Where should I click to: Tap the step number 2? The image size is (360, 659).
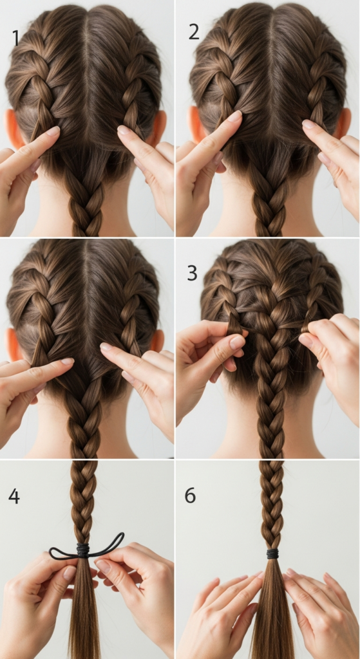(x=194, y=31)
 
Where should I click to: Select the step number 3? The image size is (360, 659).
(x=192, y=273)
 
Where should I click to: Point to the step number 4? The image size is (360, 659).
(x=14, y=496)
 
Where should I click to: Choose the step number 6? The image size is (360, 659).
(x=190, y=496)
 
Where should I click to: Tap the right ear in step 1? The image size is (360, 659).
(x=158, y=126)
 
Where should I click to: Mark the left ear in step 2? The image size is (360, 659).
(x=195, y=122)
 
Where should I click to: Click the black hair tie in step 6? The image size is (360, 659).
(x=272, y=553)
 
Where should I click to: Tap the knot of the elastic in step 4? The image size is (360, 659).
(x=82, y=550)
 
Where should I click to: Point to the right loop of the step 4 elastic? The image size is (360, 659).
(x=109, y=544)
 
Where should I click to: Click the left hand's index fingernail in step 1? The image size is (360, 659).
(x=52, y=131)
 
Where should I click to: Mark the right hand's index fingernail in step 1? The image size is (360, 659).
(x=123, y=130)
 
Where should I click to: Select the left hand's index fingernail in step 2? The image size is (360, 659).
(x=234, y=116)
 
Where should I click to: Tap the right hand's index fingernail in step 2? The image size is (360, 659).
(x=308, y=124)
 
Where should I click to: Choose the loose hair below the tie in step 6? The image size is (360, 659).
(x=272, y=611)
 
